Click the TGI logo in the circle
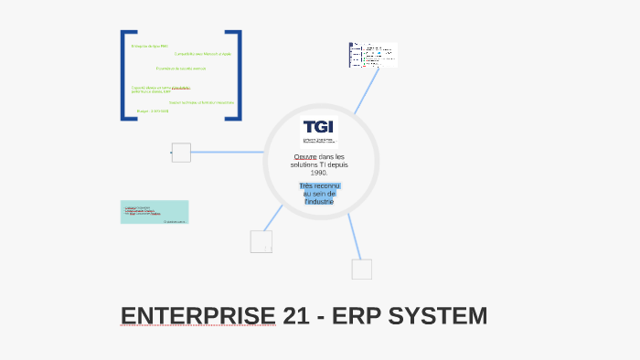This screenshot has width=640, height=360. (319, 131)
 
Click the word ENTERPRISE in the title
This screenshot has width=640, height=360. (197, 316)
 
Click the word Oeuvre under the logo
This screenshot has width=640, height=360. (304, 156)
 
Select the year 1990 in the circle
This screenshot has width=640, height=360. (318, 172)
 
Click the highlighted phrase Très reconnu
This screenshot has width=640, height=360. (319, 185)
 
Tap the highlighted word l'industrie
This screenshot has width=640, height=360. (319, 201)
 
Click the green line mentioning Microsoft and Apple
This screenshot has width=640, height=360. (203, 54)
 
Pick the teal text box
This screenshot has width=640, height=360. (155, 212)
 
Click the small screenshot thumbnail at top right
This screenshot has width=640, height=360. (373, 55)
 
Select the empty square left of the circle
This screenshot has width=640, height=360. (181, 153)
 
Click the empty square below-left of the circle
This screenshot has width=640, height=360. (261, 242)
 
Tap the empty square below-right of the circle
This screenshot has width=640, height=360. (362, 270)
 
